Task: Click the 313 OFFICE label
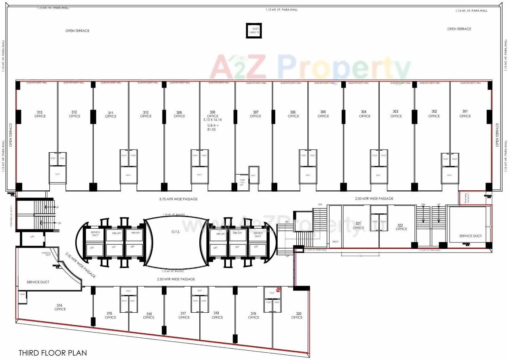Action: (40, 114)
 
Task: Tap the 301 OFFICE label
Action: (465, 114)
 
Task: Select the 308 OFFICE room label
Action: (213, 114)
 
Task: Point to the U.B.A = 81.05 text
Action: (213, 128)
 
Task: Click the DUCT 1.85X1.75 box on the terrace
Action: (256, 31)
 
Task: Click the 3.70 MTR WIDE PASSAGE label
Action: (178, 199)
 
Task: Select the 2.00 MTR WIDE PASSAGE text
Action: (374, 198)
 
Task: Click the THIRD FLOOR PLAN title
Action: (53, 353)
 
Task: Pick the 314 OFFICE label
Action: (60, 307)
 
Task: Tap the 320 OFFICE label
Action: (297, 315)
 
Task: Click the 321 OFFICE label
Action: (358, 225)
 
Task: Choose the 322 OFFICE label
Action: (401, 227)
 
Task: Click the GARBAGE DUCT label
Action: (46, 254)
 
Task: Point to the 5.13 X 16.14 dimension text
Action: (213, 120)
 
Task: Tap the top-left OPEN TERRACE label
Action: (77, 31)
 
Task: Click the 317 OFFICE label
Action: (184, 315)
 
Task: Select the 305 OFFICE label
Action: (323, 114)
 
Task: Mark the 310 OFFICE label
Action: (146, 114)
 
